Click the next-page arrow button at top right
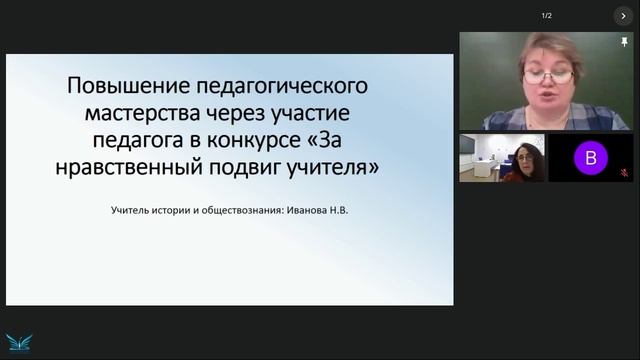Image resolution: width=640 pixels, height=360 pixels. [623, 16]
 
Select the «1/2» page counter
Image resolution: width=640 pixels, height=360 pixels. [547, 16]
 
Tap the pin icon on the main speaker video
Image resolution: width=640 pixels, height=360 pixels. [624, 43]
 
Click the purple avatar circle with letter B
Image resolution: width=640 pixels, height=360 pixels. [590, 157]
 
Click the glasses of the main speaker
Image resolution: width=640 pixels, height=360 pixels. [548, 75]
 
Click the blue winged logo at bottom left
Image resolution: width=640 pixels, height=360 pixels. [16, 340]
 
